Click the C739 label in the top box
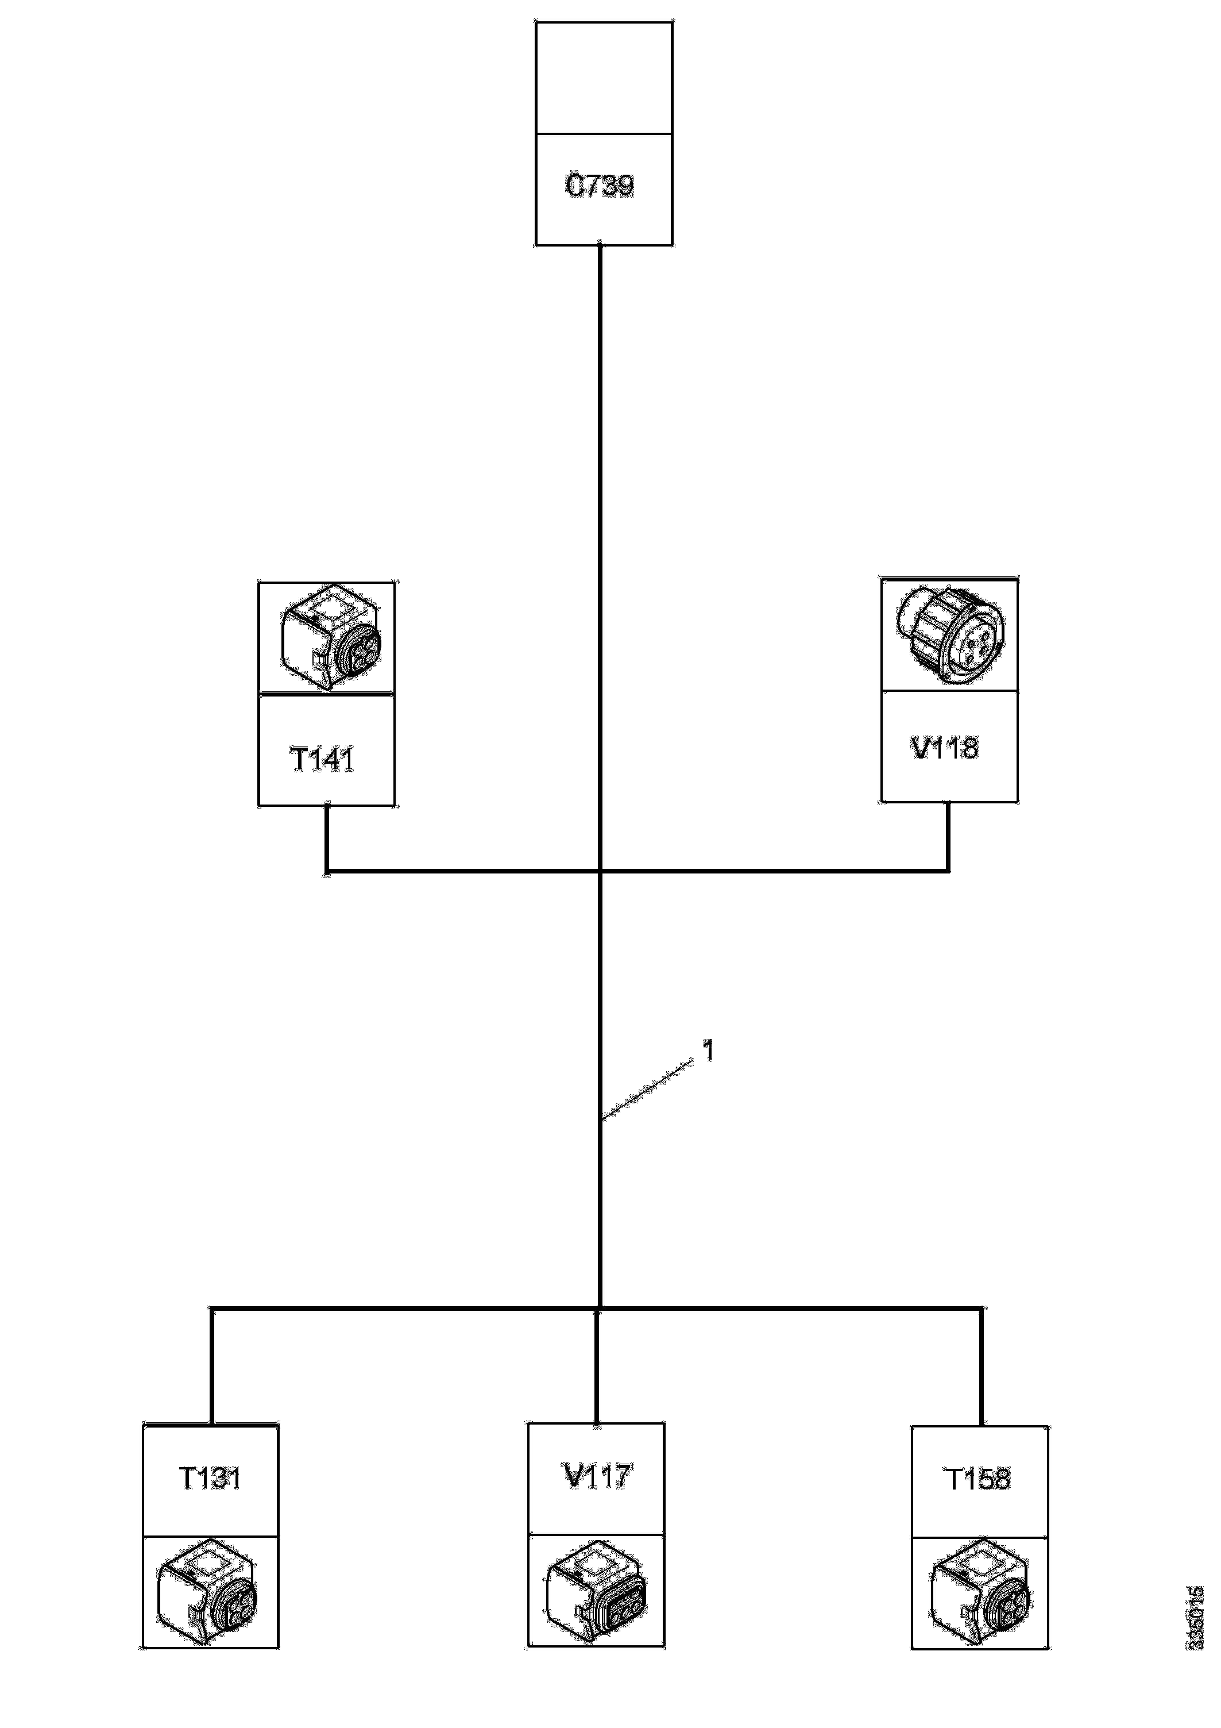600,186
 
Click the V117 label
597,1475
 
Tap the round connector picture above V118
950,634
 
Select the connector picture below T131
208,1590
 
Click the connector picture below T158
980,1590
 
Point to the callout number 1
708,1050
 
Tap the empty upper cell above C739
604,78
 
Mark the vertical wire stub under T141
327,838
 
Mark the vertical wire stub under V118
948,836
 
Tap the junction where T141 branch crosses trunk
600,872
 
